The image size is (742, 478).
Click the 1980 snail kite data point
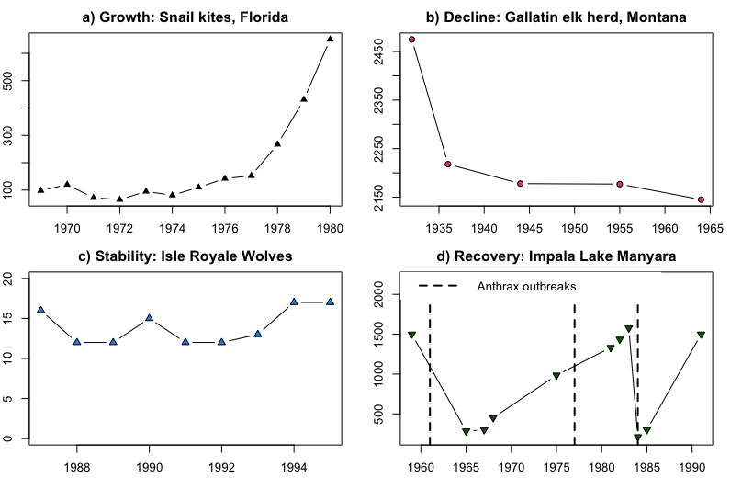331,39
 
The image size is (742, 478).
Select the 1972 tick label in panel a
119,228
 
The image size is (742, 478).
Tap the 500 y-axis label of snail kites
8,81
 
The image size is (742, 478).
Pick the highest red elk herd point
412,40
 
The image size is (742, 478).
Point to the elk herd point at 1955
620,184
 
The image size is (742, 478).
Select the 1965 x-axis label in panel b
709,228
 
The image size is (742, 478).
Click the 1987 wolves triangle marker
40,311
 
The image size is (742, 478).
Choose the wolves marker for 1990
149,318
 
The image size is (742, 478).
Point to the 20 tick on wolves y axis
8,277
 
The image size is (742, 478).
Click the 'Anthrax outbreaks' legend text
526,286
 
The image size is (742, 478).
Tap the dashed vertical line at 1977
575,368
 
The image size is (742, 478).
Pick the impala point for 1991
701,336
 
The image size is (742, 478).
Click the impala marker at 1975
556,376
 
